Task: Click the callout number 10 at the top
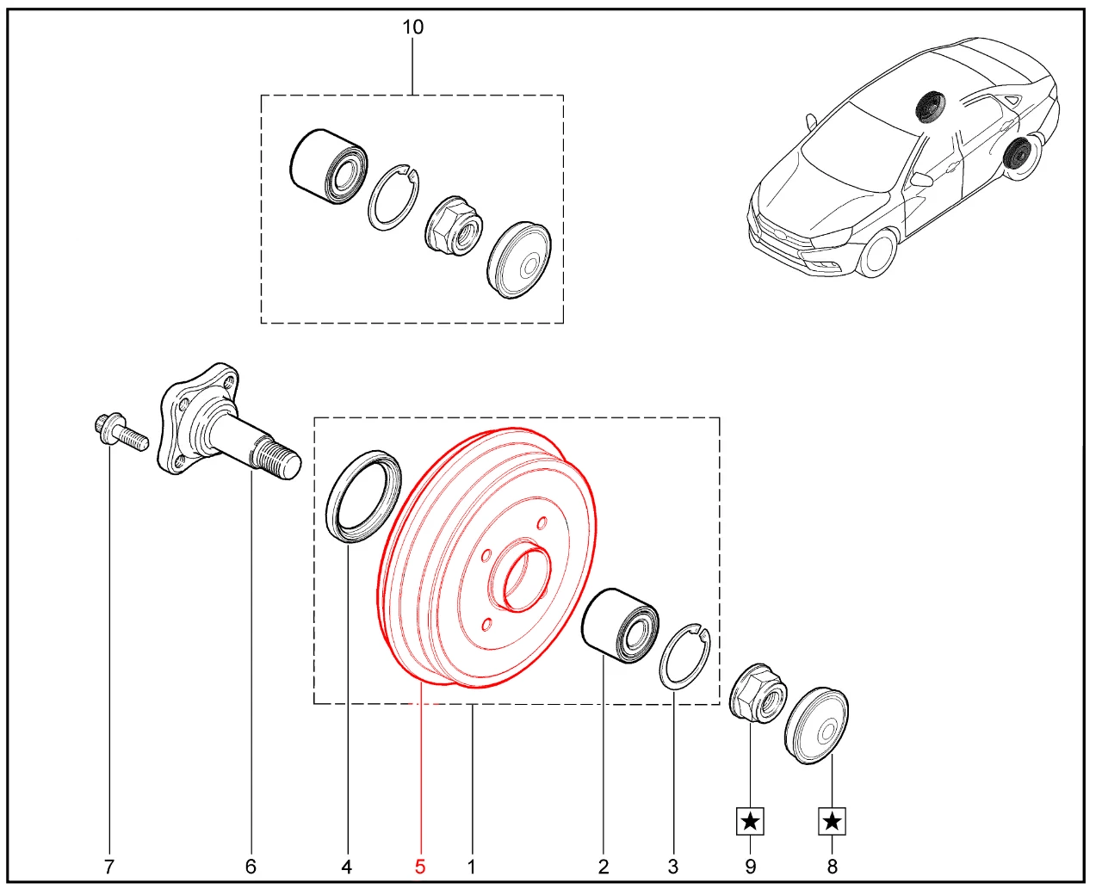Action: point(412,27)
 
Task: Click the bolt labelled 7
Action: point(121,435)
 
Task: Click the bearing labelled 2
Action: point(620,624)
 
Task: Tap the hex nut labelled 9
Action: point(758,693)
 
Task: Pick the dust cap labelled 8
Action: point(816,726)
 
